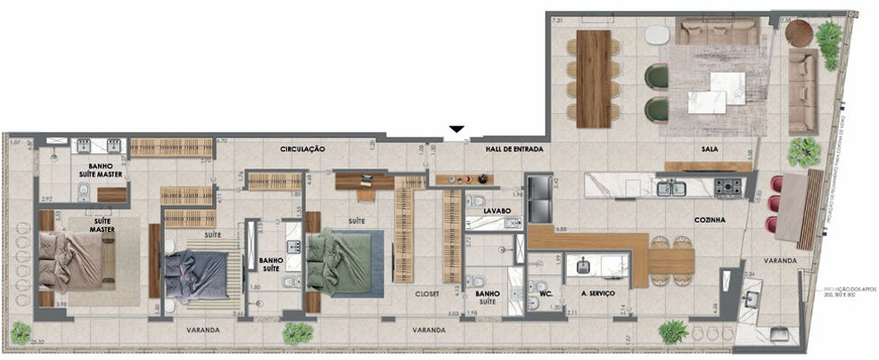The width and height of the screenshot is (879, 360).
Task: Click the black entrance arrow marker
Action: tap(456, 130)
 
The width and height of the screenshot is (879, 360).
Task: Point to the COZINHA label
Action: tap(710, 218)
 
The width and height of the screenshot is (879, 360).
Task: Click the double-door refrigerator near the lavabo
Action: tap(541, 198)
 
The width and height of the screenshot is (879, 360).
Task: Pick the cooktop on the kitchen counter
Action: tap(727, 187)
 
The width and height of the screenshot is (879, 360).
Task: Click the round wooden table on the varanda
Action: tap(799, 33)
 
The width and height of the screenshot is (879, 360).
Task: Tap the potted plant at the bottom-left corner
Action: tap(21, 333)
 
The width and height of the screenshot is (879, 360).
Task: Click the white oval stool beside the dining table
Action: tap(657, 35)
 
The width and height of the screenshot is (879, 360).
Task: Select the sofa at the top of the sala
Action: tap(717, 33)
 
